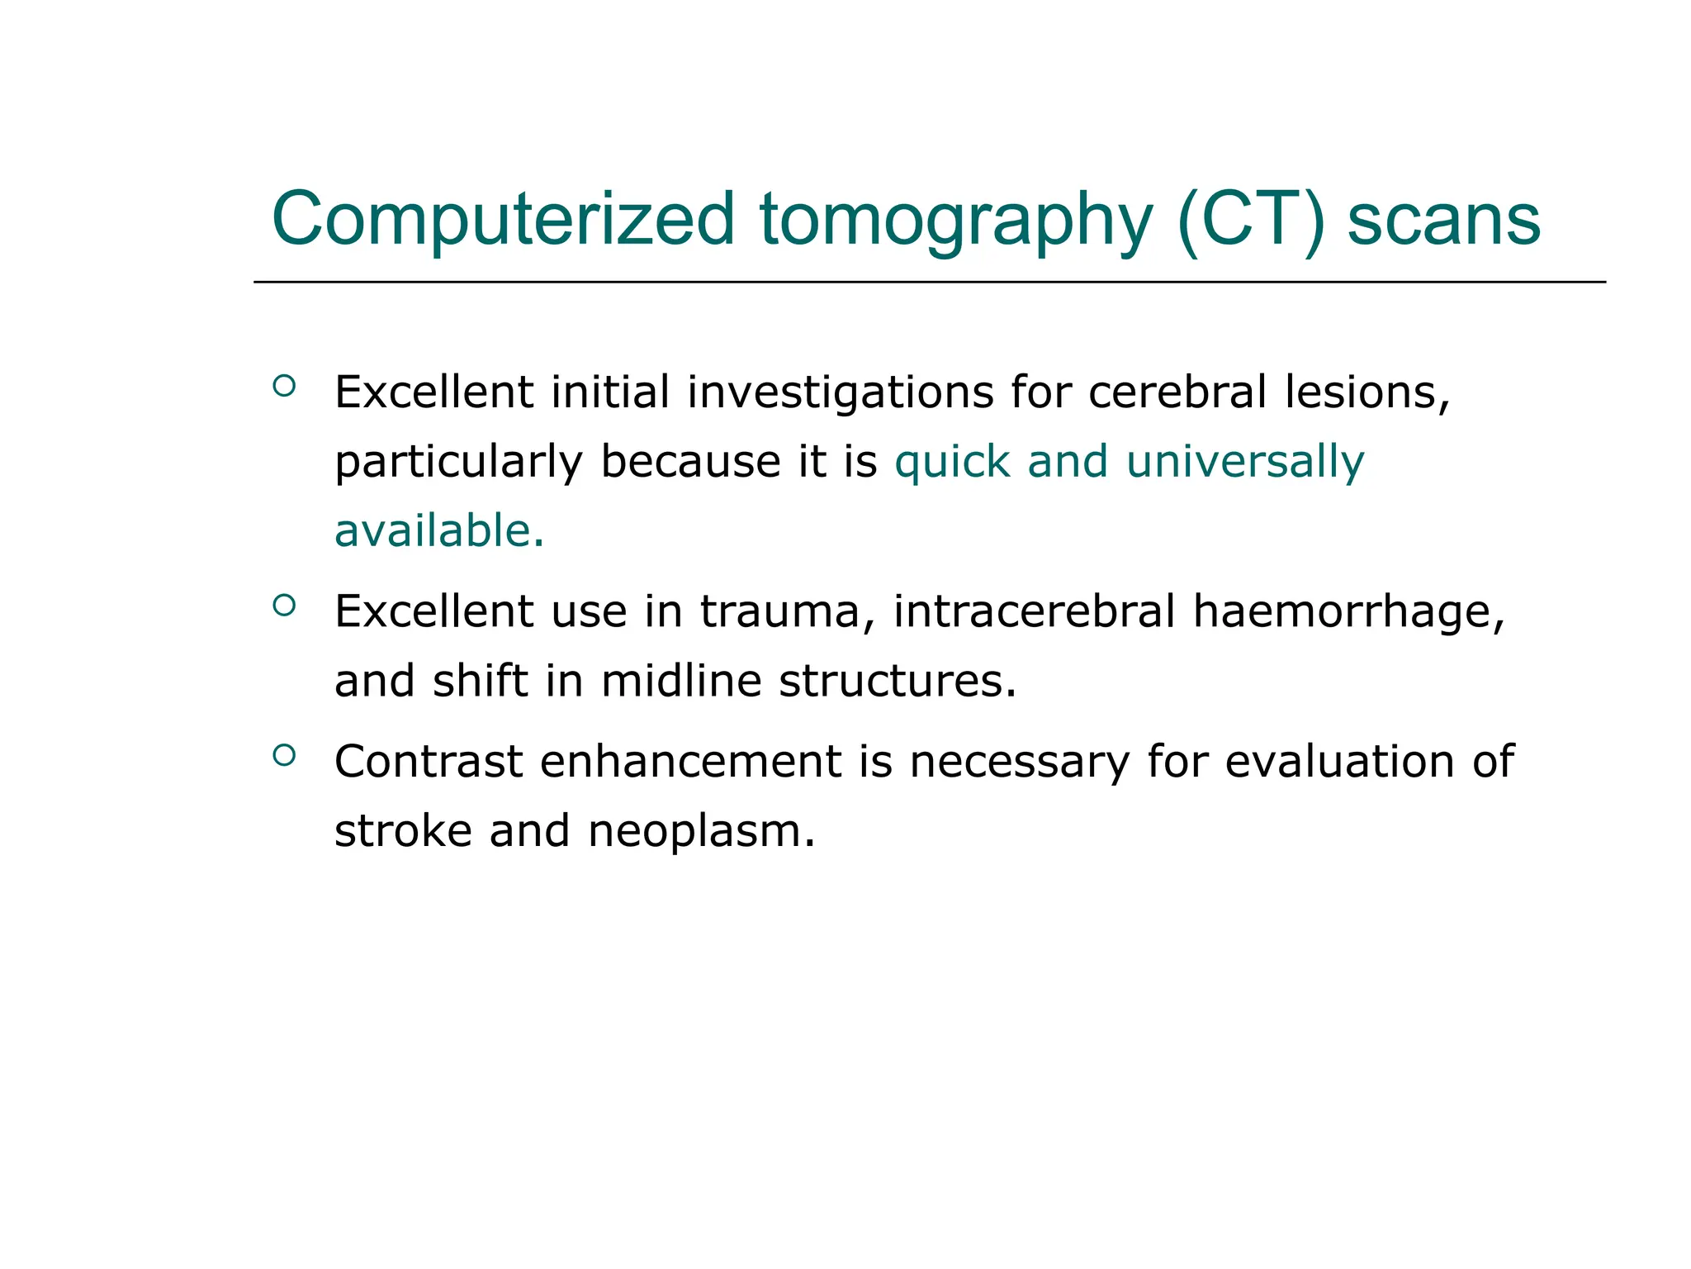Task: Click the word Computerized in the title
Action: tap(503, 220)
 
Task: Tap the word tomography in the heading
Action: tap(955, 220)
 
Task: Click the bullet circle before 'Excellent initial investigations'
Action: tap(284, 386)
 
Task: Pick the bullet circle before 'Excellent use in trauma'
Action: tap(284, 606)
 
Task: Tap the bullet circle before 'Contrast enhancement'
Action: tap(284, 755)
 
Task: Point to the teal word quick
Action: tap(953, 463)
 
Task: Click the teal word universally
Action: tap(1245, 463)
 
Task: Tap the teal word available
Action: tap(438, 530)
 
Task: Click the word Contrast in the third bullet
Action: tap(429, 761)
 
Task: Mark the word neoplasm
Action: tap(701, 832)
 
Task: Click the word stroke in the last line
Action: tap(402, 830)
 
